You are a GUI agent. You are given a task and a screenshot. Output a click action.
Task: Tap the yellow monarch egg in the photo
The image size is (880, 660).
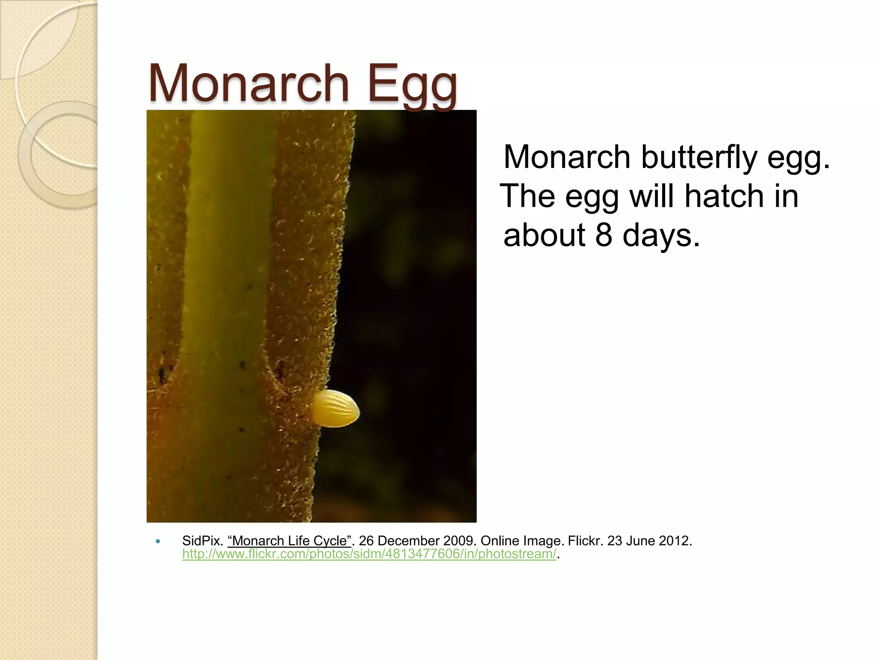(336, 409)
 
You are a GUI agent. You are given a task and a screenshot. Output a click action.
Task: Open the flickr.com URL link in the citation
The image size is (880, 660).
(369, 554)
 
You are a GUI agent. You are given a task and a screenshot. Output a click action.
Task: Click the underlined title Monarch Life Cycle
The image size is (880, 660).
(289, 541)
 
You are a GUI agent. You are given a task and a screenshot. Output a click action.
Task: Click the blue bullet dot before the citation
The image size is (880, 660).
(158, 541)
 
